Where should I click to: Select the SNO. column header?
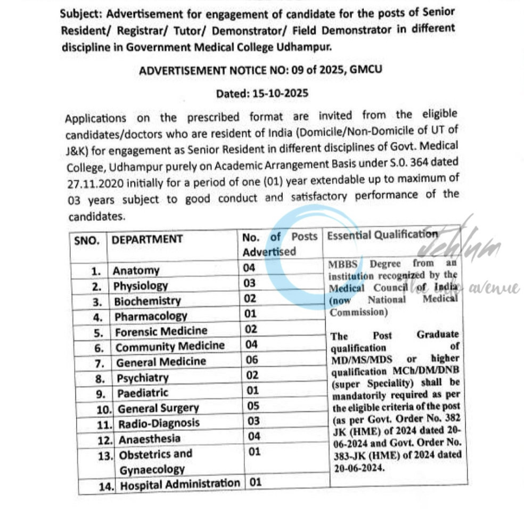(87, 240)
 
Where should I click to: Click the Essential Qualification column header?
(382, 235)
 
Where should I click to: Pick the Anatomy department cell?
(136, 270)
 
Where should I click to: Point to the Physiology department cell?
(141, 286)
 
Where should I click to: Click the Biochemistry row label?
(147, 301)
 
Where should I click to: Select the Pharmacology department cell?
(151, 316)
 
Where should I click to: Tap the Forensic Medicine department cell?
(161, 331)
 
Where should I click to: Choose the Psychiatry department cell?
(143, 378)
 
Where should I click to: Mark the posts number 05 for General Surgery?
(253, 406)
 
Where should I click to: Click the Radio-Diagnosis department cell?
(159, 423)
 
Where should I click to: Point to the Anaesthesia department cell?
(149, 439)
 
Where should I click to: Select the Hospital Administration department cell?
(180, 485)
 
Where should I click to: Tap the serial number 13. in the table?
(105, 456)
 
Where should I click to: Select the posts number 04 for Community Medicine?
(251, 344)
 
